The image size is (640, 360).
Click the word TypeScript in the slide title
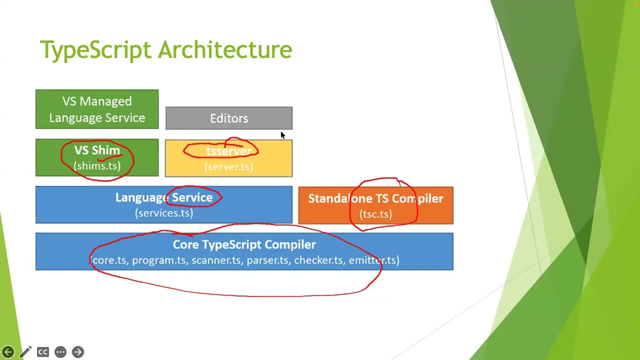pyautogui.click(x=95, y=50)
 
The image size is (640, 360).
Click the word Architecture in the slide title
pyautogui.click(x=225, y=49)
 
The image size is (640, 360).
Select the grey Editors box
pyautogui.click(x=229, y=118)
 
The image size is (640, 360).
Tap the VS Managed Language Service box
pyautogui.click(x=97, y=109)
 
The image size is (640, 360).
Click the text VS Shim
pyautogui.click(x=97, y=150)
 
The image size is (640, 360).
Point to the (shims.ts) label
pyautogui.click(x=97, y=165)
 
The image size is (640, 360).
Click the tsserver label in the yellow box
pyautogui.click(x=228, y=151)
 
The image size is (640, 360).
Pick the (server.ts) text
pyautogui.click(x=228, y=166)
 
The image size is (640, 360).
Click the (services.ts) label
pyautogui.click(x=164, y=213)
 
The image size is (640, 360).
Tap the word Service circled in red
pyautogui.click(x=192, y=197)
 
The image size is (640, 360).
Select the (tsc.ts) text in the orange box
pyautogui.click(x=375, y=214)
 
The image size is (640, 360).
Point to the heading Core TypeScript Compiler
pyautogui.click(x=244, y=244)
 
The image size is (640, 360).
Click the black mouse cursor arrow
pyautogui.click(x=283, y=135)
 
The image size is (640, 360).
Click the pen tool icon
pyautogui.click(x=25, y=352)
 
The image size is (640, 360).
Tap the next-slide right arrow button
pyautogui.click(x=77, y=352)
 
